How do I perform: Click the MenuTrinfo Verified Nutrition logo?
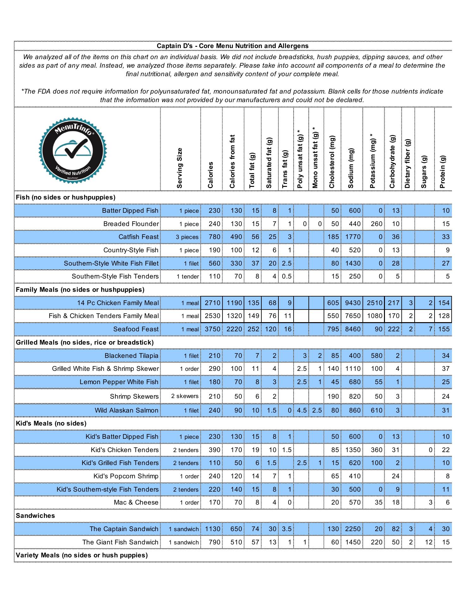[73, 150]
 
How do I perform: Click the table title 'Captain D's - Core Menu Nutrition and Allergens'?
[233, 46]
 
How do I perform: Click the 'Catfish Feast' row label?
[138, 237]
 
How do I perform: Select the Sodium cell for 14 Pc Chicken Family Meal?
[353, 303]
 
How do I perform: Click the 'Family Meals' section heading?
[80, 290]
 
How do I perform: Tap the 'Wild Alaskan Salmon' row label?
[126, 410]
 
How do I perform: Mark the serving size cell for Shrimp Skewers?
[185, 396]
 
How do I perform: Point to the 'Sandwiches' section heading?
[35, 516]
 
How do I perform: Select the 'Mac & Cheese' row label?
[136, 502]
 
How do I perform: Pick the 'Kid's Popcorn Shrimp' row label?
[126, 476]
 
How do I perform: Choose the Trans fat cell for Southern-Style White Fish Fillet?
[286, 263]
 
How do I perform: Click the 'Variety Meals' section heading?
[82, 555]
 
